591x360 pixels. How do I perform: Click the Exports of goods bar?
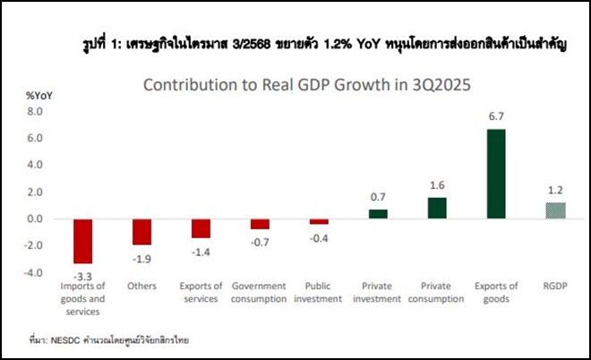pos(495,174)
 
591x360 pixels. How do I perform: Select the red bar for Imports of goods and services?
pos(83,241)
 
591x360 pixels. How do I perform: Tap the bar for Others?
pos(141,232)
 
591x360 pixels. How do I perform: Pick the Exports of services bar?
pos(201,228)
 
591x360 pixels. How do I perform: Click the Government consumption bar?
pos(260,224)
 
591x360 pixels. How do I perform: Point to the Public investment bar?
pos(319,221)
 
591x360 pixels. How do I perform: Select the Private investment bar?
pos(378,214)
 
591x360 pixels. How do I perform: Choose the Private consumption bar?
pos(437,208)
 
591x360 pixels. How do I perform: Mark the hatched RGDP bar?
pos(555,210)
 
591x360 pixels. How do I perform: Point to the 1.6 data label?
pos(437,187)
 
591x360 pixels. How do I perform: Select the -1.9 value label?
pos(142,258)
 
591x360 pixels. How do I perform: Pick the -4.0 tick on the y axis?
pos(33,272)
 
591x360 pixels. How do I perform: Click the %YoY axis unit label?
pos(39,94)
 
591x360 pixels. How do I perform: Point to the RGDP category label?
pos(555,287)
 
